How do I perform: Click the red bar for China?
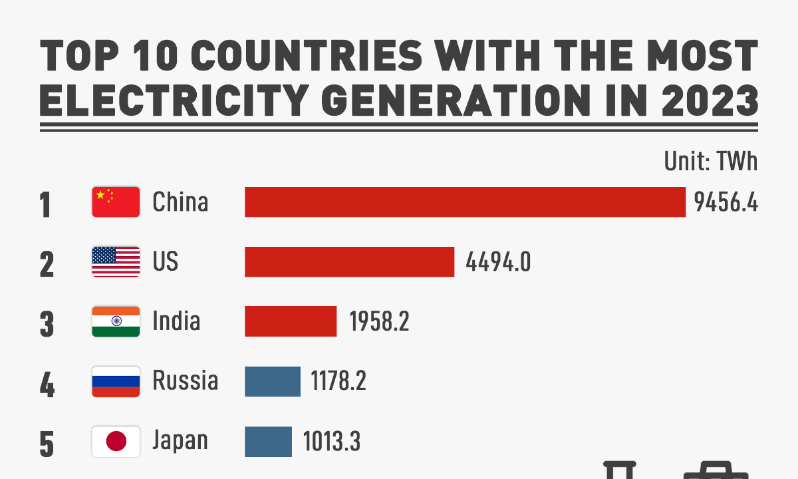(x=465, y=202)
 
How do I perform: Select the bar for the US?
(x=349, y=261)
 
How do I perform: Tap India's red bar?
(x=291, y=321)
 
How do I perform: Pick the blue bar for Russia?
(x=273, y=381)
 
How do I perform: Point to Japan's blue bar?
(x=268, y=441)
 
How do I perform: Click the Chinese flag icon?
(x=116, y=202)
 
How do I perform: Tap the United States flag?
(x=116, y=261)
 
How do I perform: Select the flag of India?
(x=116, y=321)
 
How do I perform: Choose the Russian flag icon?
(x=116, y=381)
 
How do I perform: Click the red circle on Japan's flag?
(x=116, y=441)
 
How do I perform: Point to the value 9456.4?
(x=726, y=202)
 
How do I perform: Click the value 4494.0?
(x=498, y=262)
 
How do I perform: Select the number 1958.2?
(x=379, y=322)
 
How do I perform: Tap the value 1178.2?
(x=338, y=382)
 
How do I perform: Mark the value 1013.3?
(x=331, y=442)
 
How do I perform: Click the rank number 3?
(x=46, y=324)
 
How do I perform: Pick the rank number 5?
(x=46, y=444)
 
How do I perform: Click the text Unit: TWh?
(x=710, y=161)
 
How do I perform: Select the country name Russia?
(x=185, y=381)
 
